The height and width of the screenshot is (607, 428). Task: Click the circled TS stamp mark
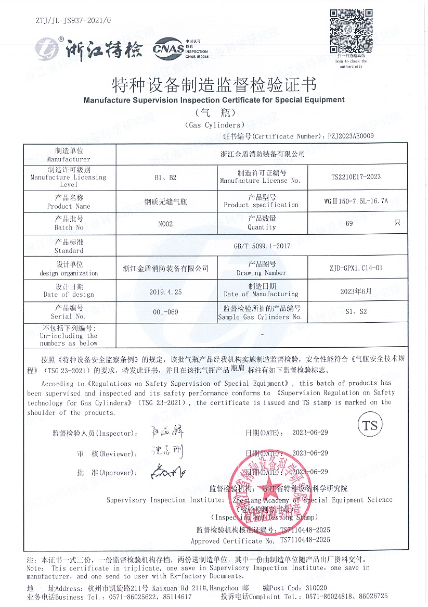(370, 425)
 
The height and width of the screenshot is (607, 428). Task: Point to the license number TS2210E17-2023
(356, 176)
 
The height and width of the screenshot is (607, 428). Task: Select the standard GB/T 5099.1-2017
(262, 246)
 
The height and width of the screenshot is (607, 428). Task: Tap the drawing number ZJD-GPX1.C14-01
(352, 268)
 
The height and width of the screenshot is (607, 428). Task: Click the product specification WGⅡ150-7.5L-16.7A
(356, 200)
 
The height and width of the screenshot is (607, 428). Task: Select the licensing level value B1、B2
(165, 177)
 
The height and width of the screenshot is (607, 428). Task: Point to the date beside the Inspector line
(310, 433)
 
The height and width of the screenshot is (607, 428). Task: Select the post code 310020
(317, 587)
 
